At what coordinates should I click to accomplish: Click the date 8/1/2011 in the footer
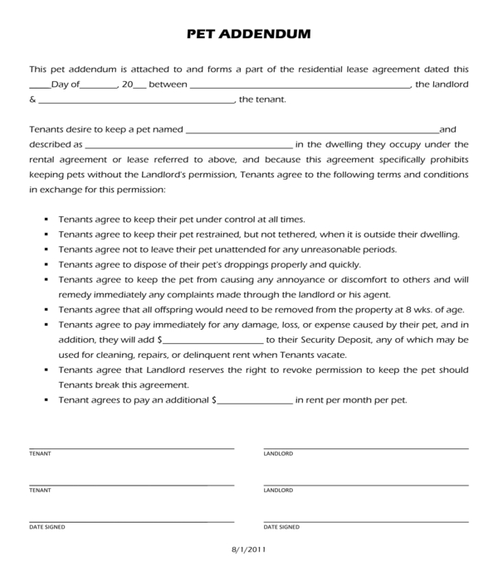point(249,549)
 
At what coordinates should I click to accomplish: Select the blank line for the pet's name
point(311,131)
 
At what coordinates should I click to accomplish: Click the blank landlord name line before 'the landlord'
point(300,86)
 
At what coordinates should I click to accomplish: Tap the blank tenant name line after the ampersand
point(136,101)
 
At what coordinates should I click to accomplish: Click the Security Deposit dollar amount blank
point(213,341)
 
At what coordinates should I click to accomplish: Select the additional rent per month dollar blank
point(255,400)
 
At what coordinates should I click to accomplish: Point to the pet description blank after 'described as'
point(188,146)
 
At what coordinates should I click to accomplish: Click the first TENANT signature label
point(39,454)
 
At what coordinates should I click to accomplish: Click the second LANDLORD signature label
point(278,491)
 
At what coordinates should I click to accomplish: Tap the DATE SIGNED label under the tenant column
point(46,527)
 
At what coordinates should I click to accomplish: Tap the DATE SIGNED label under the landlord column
point(281,527)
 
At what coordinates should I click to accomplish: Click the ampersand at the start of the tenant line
point(32,101)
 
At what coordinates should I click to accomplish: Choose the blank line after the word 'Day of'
point(100,86)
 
